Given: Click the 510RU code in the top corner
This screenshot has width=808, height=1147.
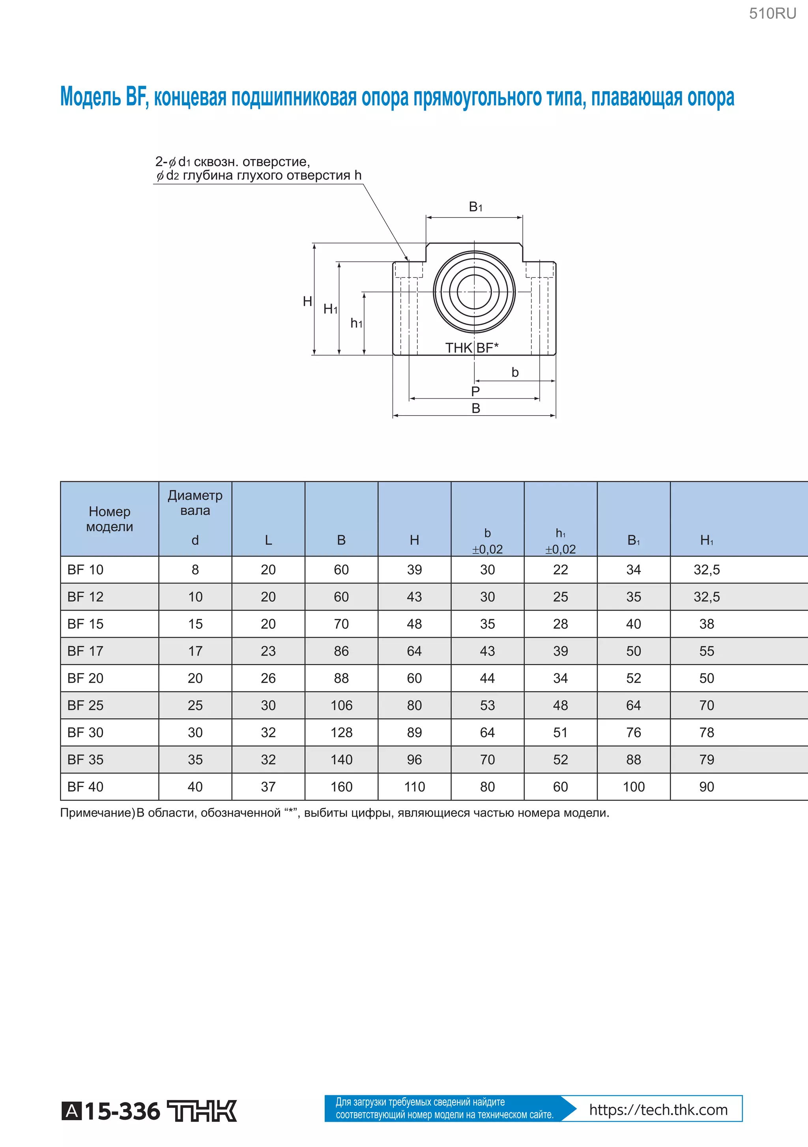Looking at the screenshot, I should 772,13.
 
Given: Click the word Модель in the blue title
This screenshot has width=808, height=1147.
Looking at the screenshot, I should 90,97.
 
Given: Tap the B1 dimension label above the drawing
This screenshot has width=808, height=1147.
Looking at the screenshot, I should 475,207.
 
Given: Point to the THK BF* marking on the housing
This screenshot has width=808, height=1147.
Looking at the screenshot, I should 471,348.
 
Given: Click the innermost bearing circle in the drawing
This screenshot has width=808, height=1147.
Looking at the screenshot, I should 474,292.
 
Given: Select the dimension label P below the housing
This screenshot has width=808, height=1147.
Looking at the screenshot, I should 475,391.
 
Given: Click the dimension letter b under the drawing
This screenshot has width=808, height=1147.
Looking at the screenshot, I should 515,372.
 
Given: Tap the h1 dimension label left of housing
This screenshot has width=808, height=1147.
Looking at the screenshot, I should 356,323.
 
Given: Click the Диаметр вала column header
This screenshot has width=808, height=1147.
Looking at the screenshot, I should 195,503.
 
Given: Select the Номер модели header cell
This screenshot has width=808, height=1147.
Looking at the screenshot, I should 109,519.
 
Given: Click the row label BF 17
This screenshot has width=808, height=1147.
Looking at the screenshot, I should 85,651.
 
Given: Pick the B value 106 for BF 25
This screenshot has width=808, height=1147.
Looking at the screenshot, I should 341,705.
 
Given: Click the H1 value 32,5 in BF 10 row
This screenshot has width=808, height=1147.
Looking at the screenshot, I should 706,570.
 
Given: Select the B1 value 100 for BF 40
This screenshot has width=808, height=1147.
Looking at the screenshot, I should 633,787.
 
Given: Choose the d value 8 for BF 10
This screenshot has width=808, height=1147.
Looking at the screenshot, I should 195,570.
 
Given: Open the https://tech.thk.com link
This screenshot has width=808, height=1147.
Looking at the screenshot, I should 658,1110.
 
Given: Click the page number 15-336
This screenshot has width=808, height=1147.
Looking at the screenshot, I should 122,1111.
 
